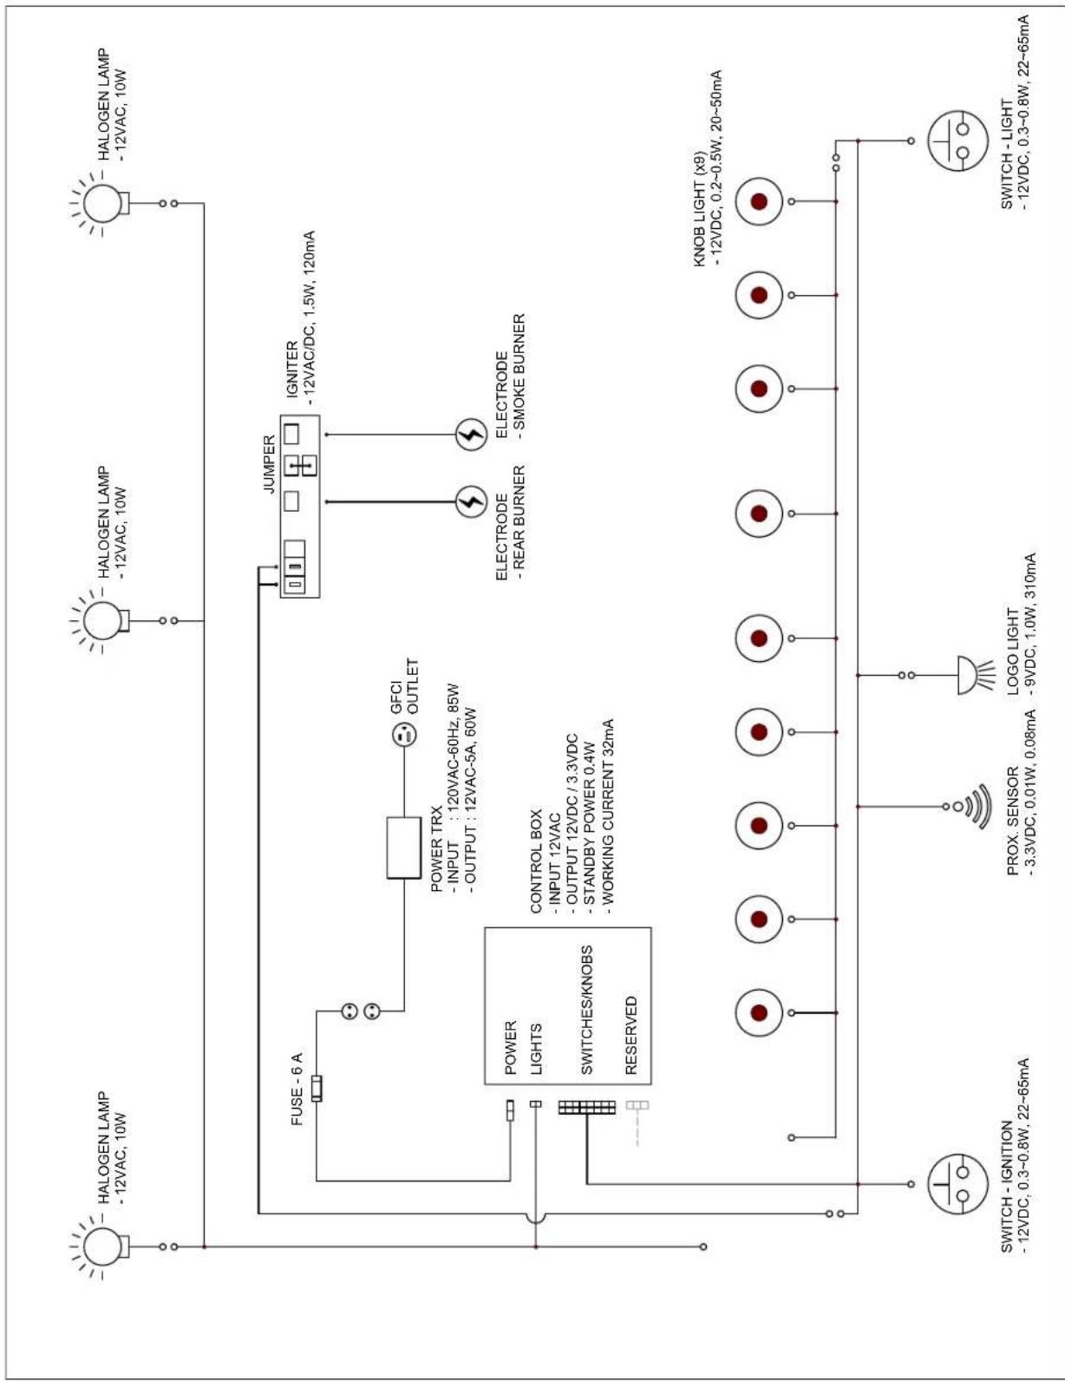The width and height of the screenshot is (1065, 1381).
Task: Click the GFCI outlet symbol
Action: [x=404, y=736]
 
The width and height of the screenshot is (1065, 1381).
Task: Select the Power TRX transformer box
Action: [x=404, y=848]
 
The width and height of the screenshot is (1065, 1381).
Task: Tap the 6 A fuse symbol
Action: [x=317, y=1088]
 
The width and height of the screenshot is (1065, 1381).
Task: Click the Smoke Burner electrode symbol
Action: [x=471, y=435]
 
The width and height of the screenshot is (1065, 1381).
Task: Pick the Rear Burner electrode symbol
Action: [x=471, y=502]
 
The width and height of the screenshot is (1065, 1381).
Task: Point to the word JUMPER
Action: [x=269, y=465]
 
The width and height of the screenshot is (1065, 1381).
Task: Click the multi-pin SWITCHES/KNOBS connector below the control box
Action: [x=587, y=1108]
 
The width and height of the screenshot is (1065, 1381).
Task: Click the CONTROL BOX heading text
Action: [x=536, y=861]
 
